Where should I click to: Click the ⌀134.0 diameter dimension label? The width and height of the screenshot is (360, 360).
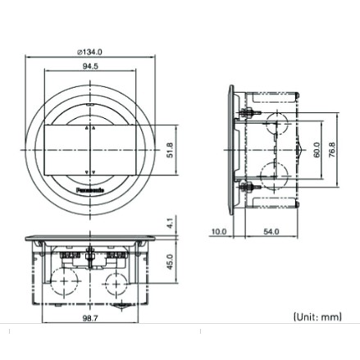[x=90, y=52]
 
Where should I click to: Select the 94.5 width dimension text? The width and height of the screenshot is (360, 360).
[x=89, y=68]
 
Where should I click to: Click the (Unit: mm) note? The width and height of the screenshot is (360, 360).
[x=315, y=315]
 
